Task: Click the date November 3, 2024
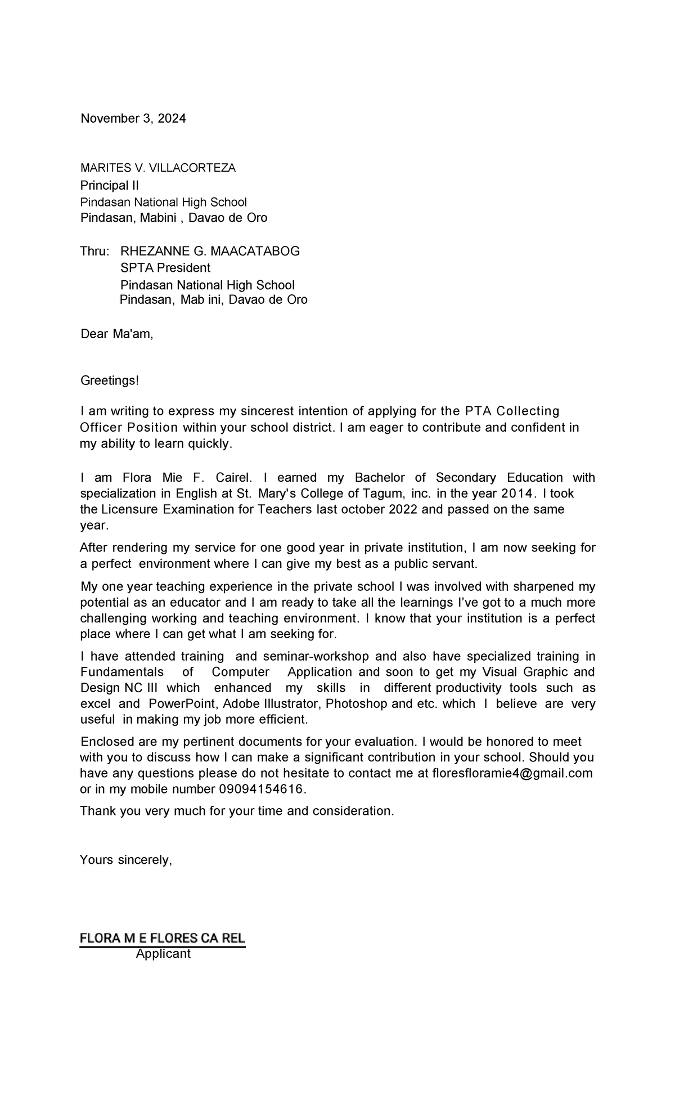tap(133, 119)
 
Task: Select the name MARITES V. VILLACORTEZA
tap(158, 168)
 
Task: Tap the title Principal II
tap(109, 186)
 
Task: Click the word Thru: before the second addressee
tap(95, 252)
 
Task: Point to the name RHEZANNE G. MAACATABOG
tap(210, 252)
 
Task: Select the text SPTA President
tap(165, 268)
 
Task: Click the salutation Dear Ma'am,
tap(116, 334)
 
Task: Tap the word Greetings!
tap(109, 381)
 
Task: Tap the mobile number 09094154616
tap(261, 790)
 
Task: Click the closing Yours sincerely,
tap(126, 860)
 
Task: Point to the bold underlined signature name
tap(162, 939)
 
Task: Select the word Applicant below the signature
tap(163, 954)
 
